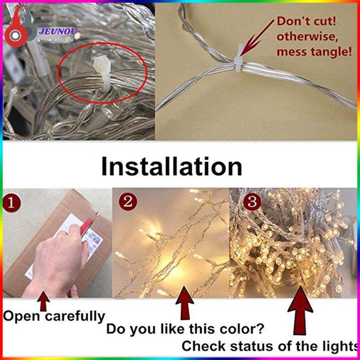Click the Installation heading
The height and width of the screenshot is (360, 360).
172,167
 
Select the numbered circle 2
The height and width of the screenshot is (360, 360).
128,201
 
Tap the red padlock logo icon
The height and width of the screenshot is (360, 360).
20,29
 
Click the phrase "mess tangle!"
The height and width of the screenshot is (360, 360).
314,52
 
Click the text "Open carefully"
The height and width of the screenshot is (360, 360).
54,316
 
